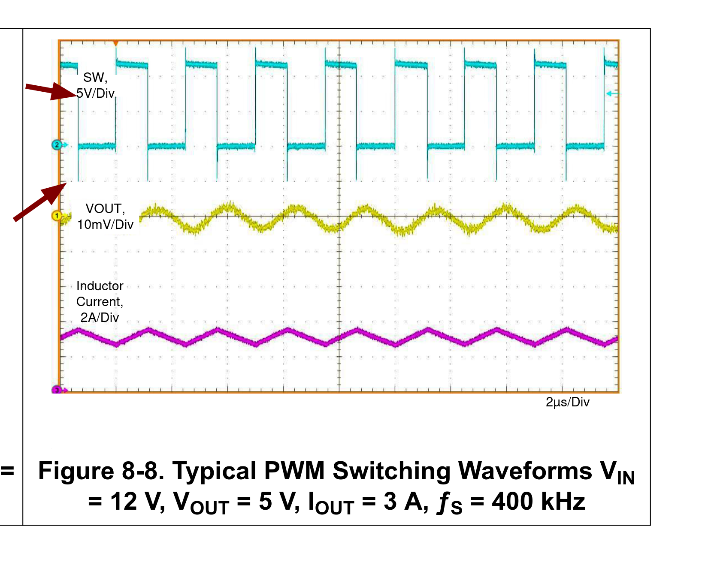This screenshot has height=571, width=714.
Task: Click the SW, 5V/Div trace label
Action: pyautogui.click(x=96, y=85)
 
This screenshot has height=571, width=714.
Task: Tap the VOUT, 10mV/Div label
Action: pyautogui.click(x=106, y=216)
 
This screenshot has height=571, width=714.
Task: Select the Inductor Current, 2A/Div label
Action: pyautogui.click(x=100, y=301)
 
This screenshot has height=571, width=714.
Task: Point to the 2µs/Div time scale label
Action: pyautogui.click(x=568, y=402)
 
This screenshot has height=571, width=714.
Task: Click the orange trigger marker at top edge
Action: pyautogui.click(x=115, y=43)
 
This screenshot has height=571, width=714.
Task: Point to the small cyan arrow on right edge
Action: pyautogui.click(x=611, y=93)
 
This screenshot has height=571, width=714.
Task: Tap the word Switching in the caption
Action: pyautogui.click(x=391, y=472)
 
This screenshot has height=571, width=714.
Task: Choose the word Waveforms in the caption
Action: pyautogui.click(x=525, y=471)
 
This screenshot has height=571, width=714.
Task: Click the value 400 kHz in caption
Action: pyautogui.click(x=539, y=501)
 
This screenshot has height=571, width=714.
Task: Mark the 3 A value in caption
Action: pyautogui.click(x=405, y=502)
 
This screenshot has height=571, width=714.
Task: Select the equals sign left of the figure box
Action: pyautogui.click(x=7, y=471)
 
